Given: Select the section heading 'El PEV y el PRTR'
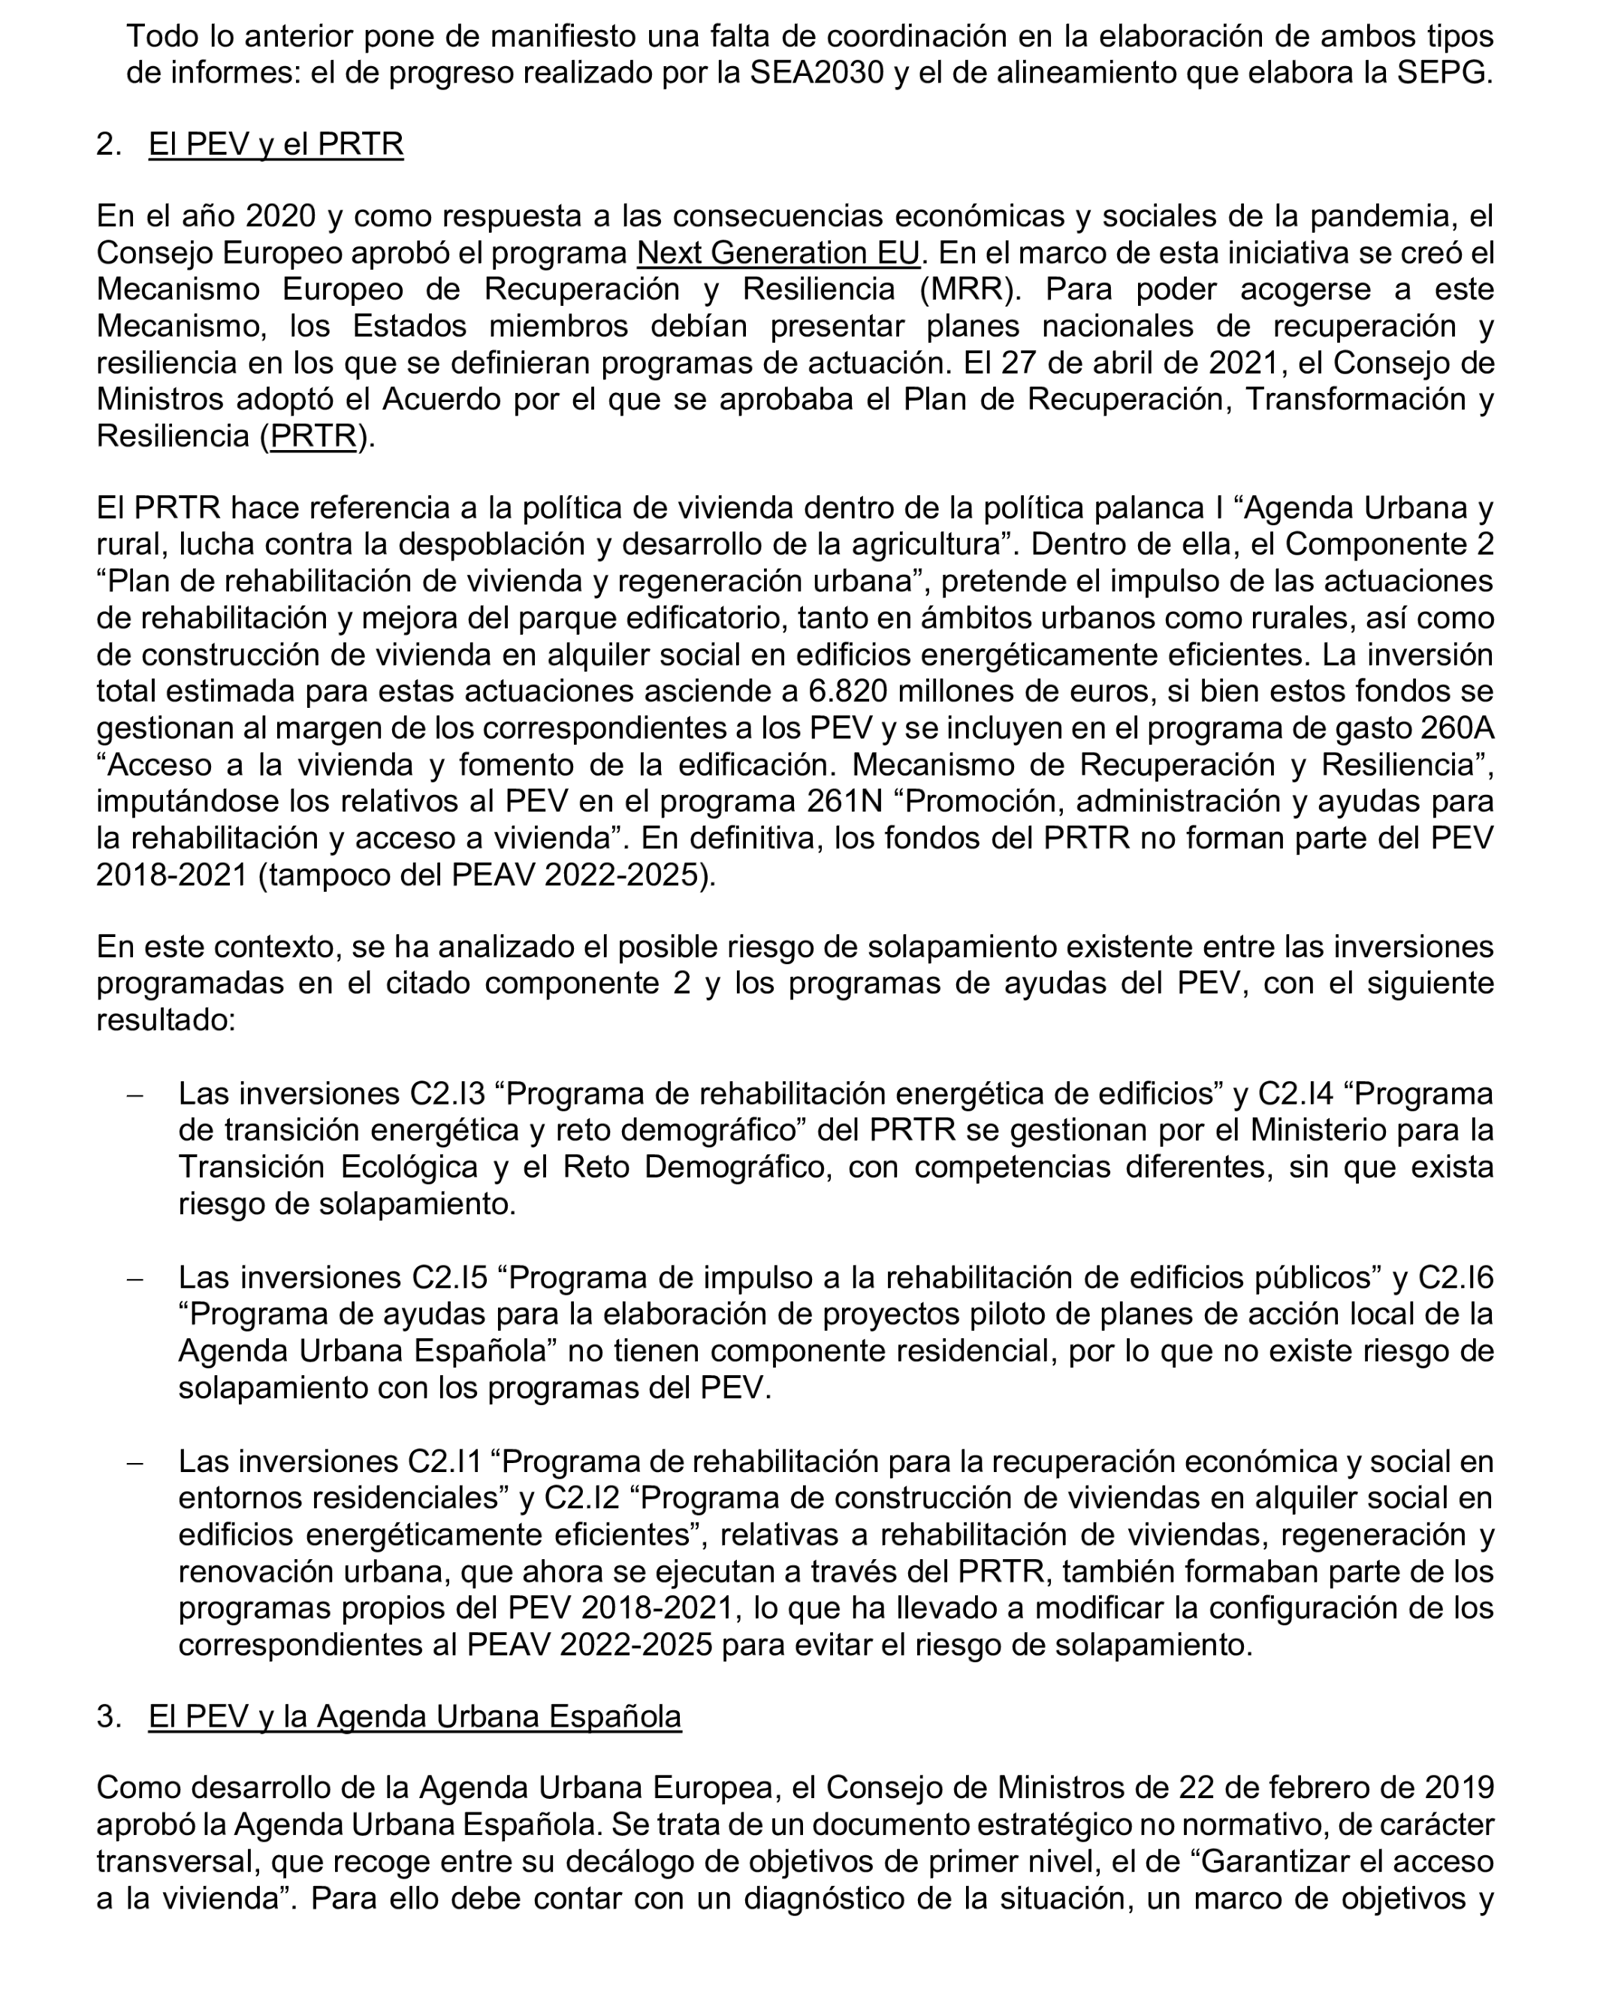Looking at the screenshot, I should (276, 145).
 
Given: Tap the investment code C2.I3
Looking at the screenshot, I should (447, 1093).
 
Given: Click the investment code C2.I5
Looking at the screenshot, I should (448, 1277).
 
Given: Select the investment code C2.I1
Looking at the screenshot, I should (445, 1462).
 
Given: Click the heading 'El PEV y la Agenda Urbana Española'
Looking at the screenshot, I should (414, 1717).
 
